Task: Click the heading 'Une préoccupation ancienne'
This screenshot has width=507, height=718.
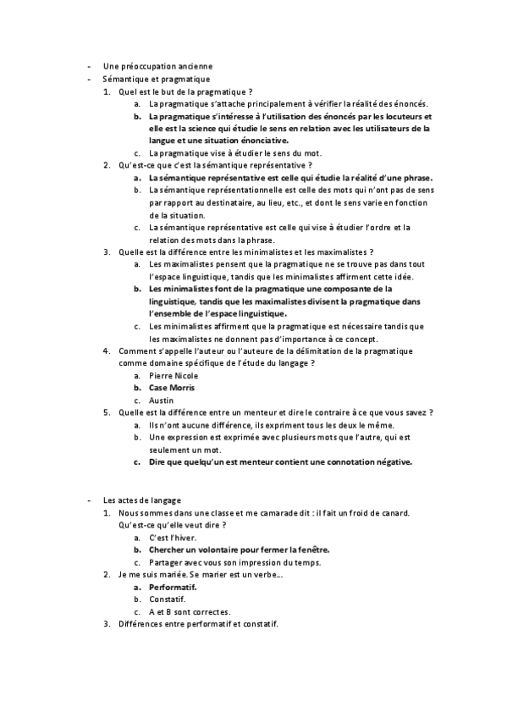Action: (x=157, y=66)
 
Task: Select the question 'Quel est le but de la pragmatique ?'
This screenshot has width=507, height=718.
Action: (x=185, y=91)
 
